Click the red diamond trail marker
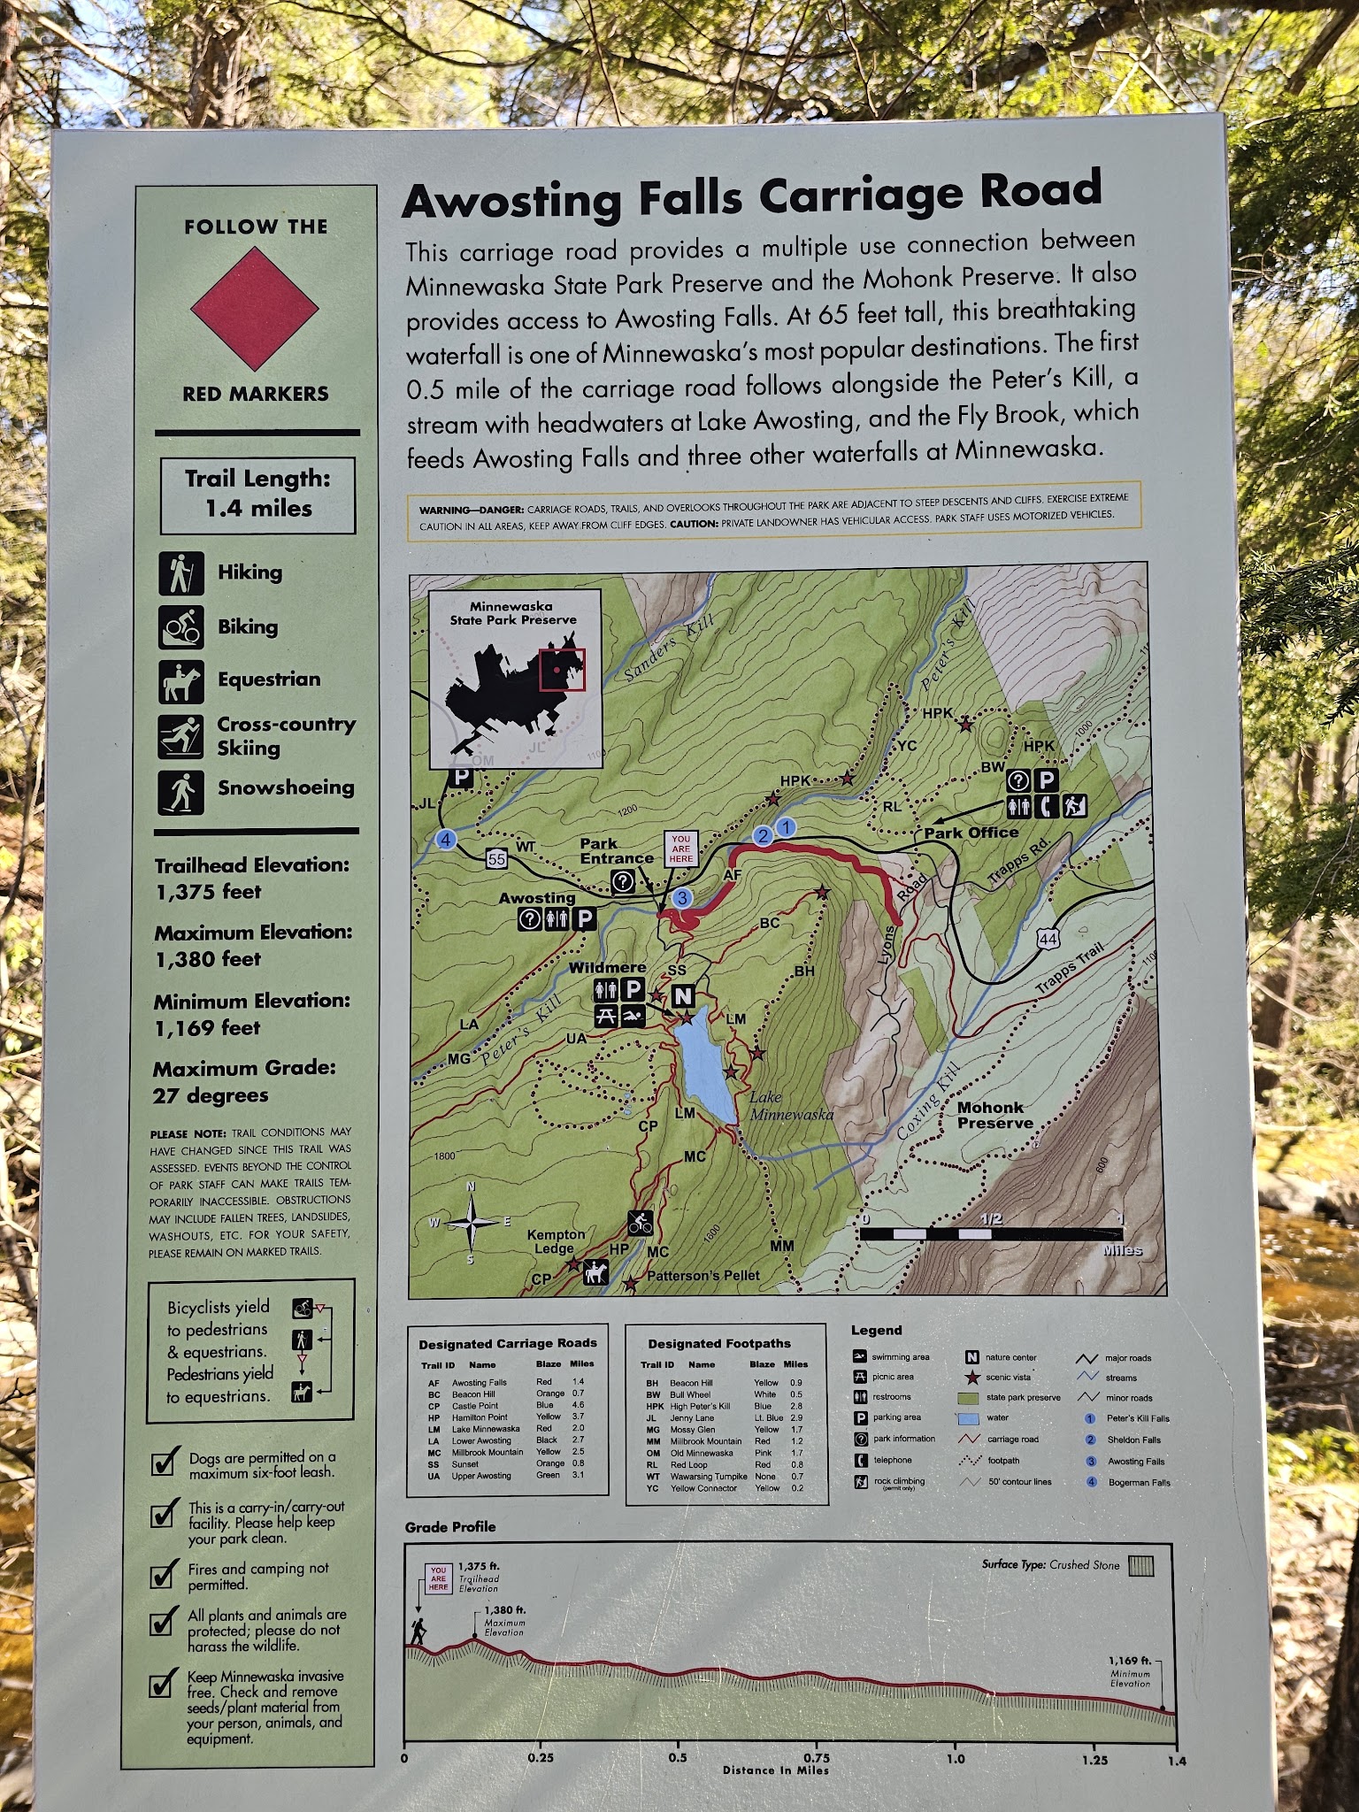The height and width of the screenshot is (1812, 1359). (255, 308)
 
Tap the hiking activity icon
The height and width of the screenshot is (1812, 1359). (181, 573)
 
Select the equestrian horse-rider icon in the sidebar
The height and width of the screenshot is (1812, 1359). (181, 681)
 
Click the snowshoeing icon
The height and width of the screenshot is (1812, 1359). (181, 792)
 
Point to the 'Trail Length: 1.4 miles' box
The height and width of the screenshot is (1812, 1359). (257, 495)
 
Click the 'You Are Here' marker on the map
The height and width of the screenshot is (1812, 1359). (680, 848)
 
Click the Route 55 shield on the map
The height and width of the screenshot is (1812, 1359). (496, 858)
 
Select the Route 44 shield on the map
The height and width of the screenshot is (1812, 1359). (1048, 939)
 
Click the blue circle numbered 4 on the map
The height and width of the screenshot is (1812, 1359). (446, 840)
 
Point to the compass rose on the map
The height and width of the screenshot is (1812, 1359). (471, 1223)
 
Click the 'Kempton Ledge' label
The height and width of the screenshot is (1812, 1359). (555, 1240)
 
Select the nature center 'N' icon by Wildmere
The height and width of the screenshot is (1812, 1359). (682, 996)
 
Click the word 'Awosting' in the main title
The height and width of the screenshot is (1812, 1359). (512, 202)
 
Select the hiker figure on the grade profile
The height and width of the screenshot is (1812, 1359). (418, 1632)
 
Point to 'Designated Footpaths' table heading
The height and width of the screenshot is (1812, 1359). (718, 1343)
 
